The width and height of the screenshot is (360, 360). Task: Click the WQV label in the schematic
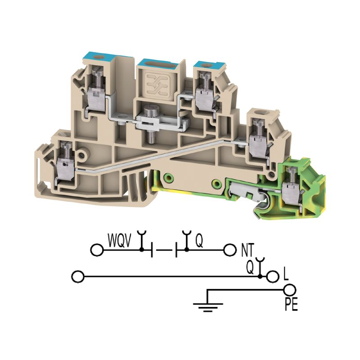120,240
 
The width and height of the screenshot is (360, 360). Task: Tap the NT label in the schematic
248,250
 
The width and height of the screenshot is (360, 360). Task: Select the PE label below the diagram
291,304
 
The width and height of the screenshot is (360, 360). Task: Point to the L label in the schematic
286,274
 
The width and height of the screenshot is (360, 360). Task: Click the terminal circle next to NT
230,250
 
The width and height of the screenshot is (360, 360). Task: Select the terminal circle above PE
289,290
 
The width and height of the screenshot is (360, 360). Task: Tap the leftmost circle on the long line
78,277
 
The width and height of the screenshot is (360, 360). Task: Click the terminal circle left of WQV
97,250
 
